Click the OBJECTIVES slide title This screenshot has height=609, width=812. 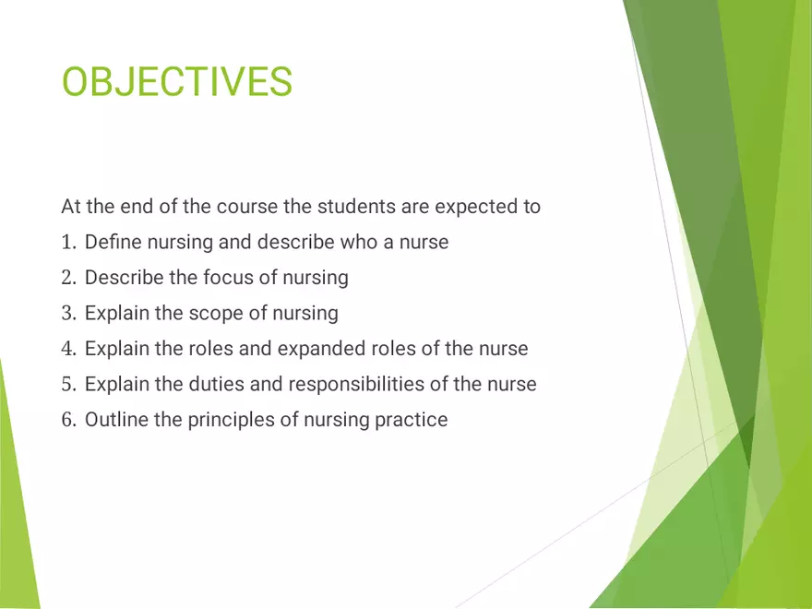[176, 81]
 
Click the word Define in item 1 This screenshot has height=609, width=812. [112, 243]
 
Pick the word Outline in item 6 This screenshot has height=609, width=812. [115, 420]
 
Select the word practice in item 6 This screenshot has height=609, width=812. [411, 420]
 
